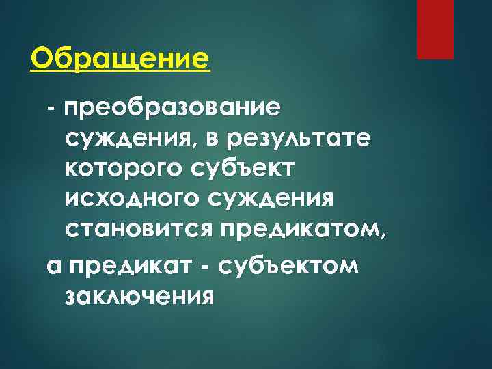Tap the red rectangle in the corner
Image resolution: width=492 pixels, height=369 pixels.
point(435,29)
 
